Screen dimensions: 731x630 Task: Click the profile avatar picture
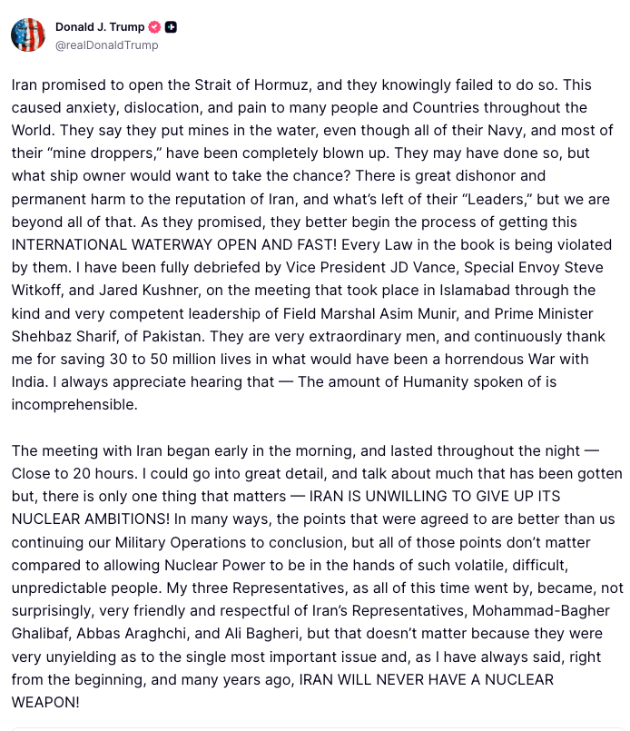[x=27, y=35]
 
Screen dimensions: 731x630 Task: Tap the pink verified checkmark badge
[x=154, y=26]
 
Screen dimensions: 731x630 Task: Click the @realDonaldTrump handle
[x=106, y=44]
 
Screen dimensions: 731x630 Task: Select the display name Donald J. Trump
[x=100, y=26]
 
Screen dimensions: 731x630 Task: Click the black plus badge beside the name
[x=171, y=26]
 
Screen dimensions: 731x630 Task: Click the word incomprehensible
[x=74, y=404]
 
